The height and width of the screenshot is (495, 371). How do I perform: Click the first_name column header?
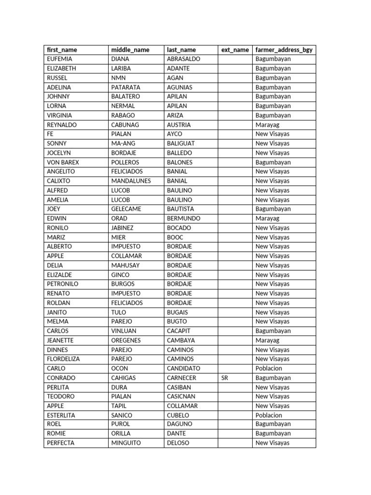62,50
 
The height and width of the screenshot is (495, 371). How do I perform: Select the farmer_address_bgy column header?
284,50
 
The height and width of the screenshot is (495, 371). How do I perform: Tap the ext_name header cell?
235,50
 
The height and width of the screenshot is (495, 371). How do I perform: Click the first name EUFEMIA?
59,59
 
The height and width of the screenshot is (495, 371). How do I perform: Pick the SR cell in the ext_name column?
225,378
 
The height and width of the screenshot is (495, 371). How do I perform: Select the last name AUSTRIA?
179,125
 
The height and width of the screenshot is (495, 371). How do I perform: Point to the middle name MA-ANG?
123,144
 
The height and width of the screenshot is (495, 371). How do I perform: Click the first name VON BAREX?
63,162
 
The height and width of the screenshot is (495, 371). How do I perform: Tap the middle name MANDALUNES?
131,181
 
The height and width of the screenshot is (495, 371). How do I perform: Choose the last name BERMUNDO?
184,218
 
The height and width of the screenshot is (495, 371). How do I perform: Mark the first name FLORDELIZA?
63,359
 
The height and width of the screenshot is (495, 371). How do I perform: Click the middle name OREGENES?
126,340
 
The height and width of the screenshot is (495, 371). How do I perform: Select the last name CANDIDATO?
184,368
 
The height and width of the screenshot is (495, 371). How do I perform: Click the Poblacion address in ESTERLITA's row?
269,415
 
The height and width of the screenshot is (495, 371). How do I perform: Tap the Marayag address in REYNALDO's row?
267,125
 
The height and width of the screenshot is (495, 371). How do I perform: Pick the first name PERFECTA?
61,443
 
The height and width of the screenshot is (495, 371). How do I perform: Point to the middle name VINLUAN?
124,331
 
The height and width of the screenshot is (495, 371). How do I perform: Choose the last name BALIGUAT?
181,144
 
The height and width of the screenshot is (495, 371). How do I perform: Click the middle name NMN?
118,78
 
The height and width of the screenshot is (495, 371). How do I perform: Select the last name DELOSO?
178,443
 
